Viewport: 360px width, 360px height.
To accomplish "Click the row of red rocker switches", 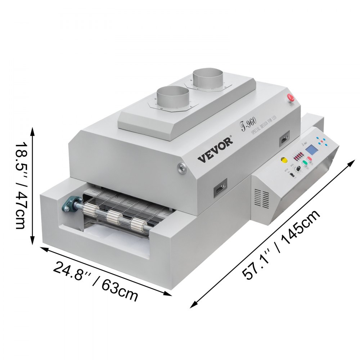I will [298, 156].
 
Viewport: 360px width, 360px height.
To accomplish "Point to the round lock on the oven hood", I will [181, 167].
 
